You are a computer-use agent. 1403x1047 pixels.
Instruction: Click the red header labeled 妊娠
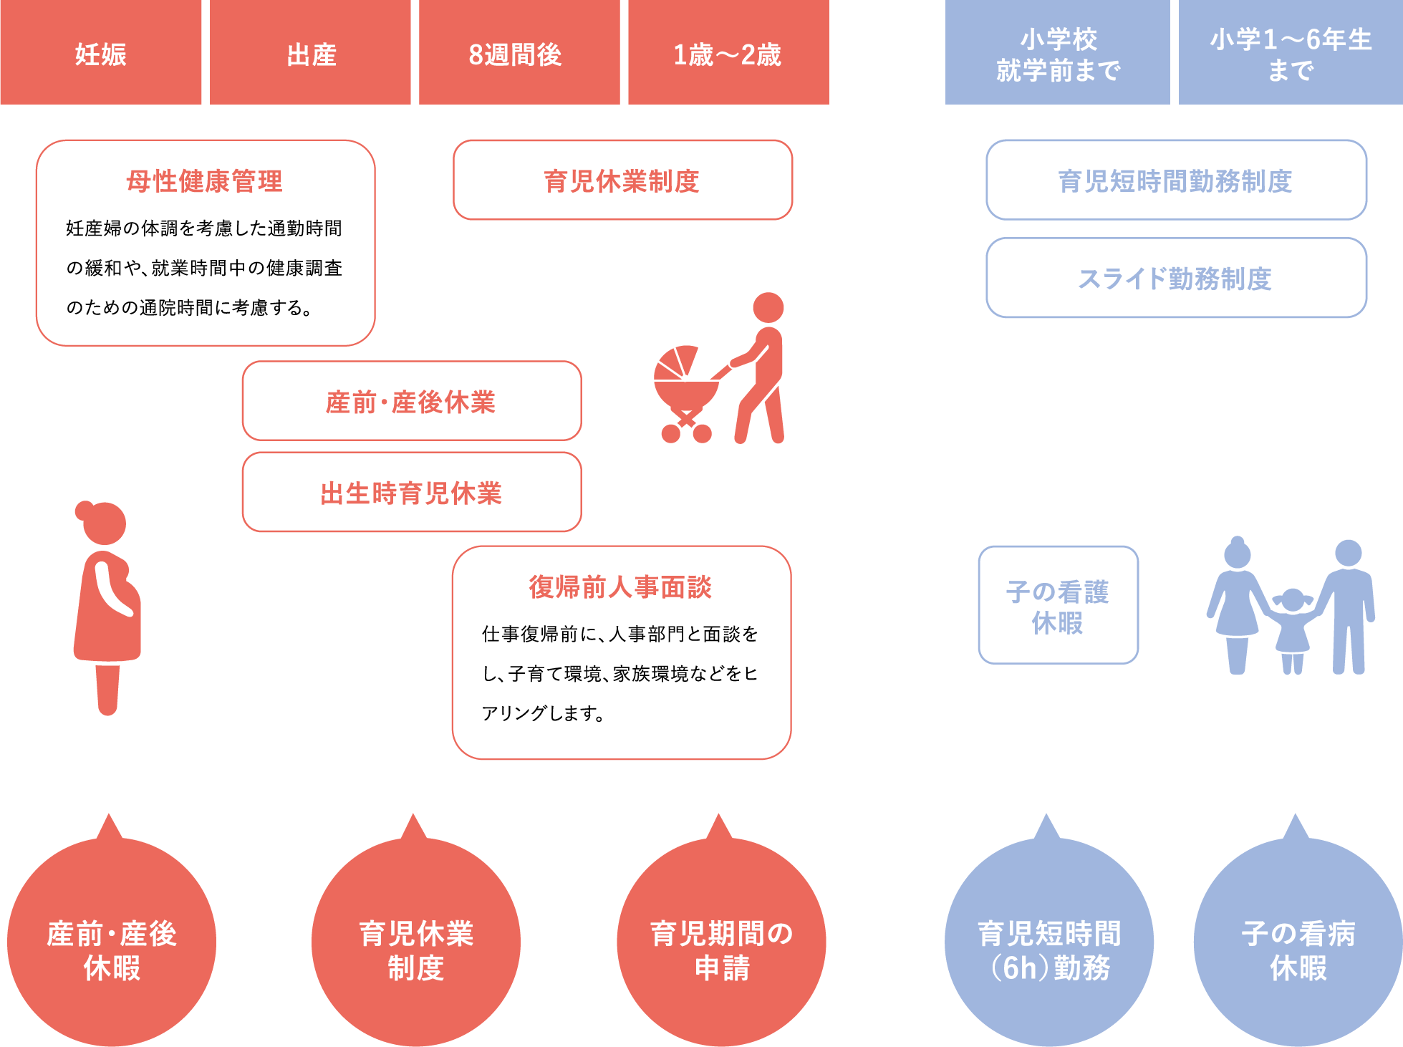[x=100, y=53]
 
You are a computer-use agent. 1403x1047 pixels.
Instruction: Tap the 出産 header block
[x=310, y=53]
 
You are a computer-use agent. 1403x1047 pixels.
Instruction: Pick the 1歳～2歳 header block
[x=728, y=53]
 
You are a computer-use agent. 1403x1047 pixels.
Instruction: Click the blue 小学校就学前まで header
[x=1057, y=53]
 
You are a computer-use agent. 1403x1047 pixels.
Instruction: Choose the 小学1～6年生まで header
[x=1291, y=53]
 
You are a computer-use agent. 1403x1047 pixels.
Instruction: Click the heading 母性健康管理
[x=205, y=181]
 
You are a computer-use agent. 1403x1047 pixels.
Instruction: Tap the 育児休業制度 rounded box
[x=622, y=180]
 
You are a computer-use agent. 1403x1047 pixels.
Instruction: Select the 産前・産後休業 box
[x=412, y=401]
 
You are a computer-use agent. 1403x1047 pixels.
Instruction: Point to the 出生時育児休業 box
[x=412, y=493]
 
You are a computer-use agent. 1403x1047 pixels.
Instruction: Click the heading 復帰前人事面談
[x=621, y=587]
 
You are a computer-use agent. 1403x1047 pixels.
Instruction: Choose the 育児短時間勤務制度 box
[x=1176, y=180]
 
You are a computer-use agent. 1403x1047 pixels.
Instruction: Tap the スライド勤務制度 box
[x=1176, y=278]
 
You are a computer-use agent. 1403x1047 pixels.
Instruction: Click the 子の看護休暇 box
[x=1058, y=606]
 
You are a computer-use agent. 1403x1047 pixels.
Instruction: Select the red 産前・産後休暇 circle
[x=112, y=942]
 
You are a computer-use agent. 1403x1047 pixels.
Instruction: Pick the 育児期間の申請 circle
[x=721, y=942]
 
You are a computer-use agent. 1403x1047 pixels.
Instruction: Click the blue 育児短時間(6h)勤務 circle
[x=1049, y=942]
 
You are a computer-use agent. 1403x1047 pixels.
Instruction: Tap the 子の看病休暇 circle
[x=1298, y=942]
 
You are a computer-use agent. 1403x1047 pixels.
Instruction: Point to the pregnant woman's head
[x=104, y=523]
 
